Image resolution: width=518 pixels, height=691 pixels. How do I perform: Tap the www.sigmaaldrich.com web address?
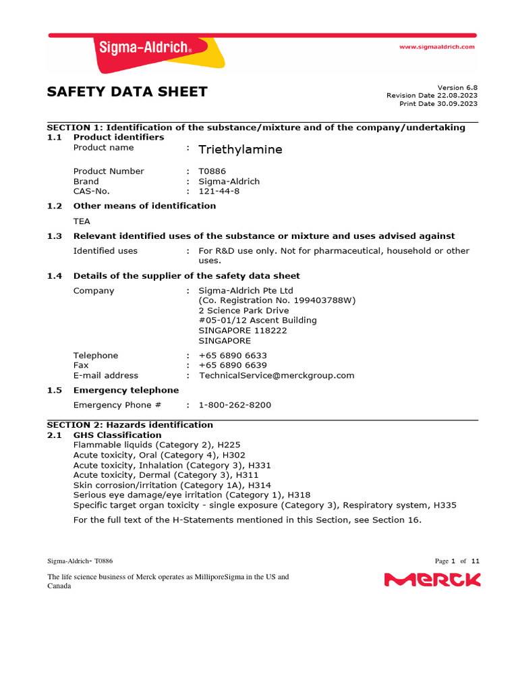tap(437, 47)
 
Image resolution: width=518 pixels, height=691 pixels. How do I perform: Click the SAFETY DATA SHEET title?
tap(127, 92)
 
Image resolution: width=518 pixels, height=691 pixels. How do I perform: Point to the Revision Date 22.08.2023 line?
tap(432, 95)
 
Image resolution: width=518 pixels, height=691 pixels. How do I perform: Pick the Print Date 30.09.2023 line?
tap(438, 103)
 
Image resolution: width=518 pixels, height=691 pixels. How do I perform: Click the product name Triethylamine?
tap(240, 149)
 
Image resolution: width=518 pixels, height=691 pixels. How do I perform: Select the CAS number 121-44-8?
tap(219, 191)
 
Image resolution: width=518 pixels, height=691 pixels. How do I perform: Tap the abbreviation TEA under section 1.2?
tap(82, 221)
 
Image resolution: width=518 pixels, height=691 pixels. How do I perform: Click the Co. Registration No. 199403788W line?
tap(277, 300)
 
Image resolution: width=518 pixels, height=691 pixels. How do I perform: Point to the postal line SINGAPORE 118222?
tap(242, 331)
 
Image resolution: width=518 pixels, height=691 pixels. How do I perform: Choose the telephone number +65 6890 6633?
tap(232, 356)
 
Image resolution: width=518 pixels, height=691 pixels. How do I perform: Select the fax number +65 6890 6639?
tap(232, 365)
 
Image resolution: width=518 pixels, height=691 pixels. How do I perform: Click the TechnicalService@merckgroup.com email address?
tap(276, 375)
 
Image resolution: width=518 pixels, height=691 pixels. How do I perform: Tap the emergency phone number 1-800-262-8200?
tap(235, 405)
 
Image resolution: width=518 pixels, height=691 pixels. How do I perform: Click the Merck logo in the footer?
tap(432, 580)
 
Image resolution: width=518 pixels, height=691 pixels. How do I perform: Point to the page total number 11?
tap(476, 561)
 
